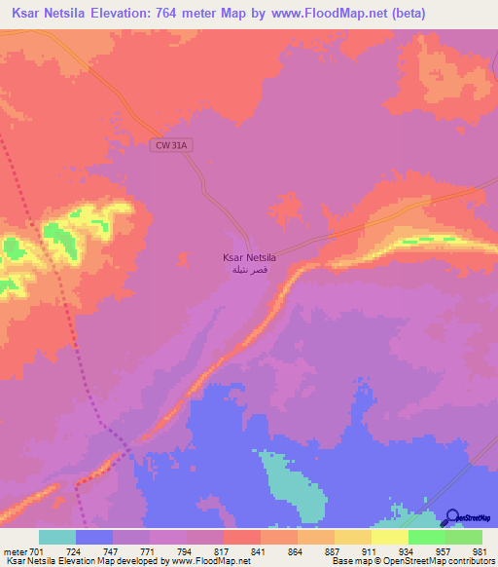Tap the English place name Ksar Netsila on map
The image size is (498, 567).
tap(249, 258)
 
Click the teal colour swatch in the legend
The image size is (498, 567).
tap(57, 537)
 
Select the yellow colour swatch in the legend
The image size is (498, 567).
tap(390, 537)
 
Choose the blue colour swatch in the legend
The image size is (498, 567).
tap(94, 537)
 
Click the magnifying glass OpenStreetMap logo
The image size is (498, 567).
tap(451, 517)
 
